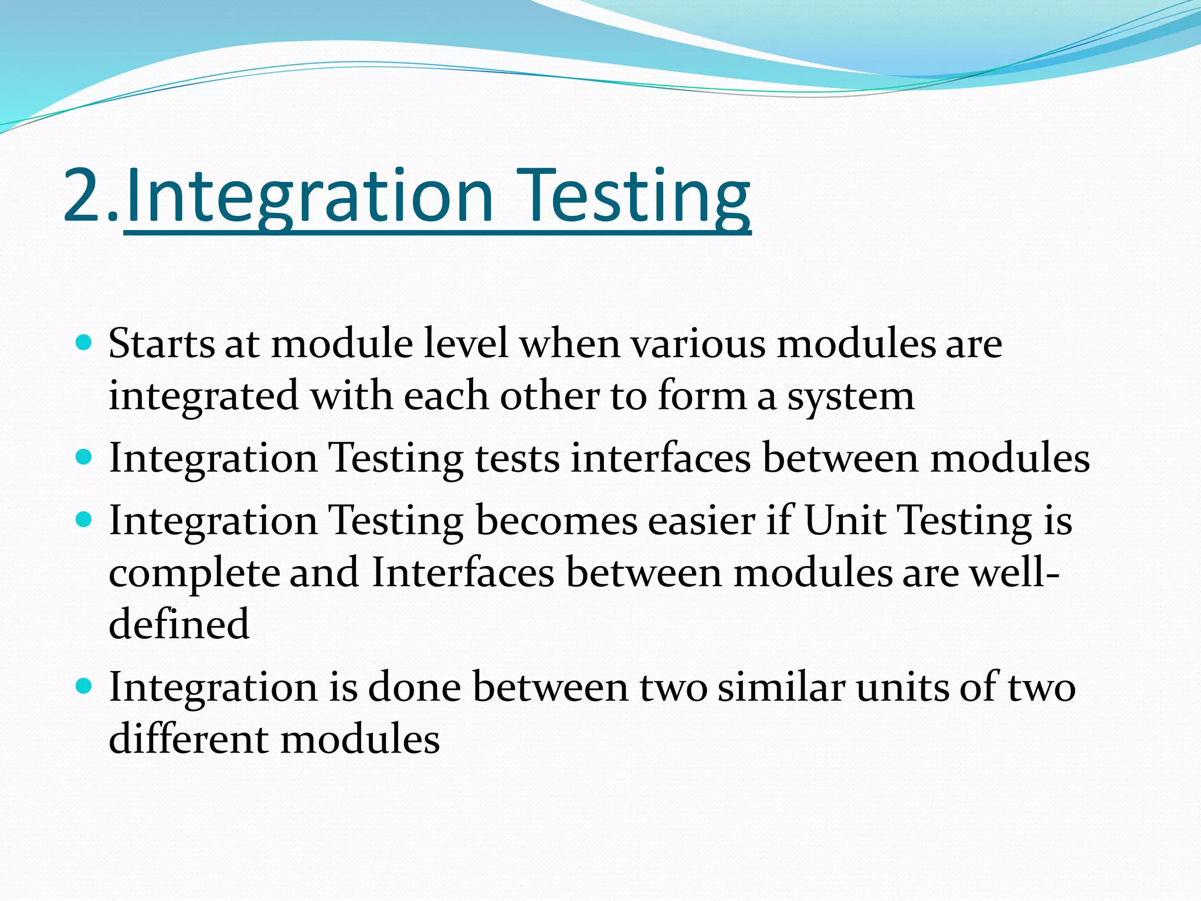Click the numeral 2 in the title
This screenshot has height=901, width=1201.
click(85, 196)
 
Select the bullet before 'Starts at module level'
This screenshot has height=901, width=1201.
click(84, 342)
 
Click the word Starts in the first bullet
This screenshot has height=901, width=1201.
click(162, 344)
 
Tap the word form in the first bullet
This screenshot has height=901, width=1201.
click(701, 396)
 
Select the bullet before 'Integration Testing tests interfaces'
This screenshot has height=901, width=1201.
click(84, 457)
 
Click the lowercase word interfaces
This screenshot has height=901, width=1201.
click(660, 458)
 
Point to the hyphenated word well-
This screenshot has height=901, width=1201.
click(1014, 573)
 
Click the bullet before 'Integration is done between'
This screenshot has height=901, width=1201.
click(84, 685)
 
